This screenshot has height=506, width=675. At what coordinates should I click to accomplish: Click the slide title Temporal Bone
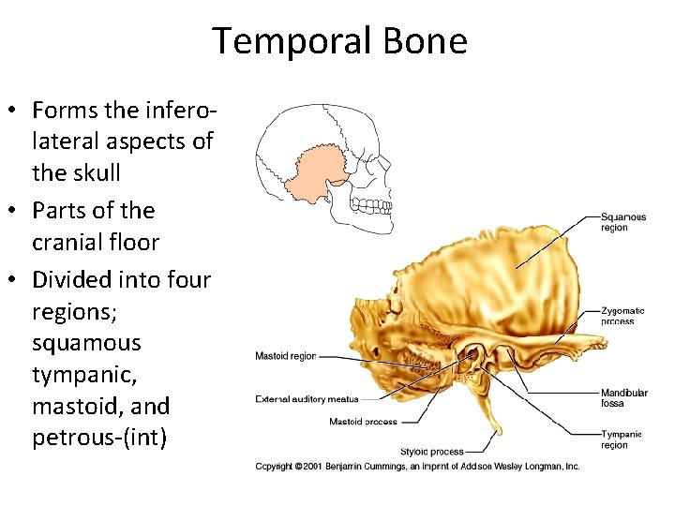click(338, 42)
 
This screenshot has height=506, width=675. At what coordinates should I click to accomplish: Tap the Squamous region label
click(623, 222)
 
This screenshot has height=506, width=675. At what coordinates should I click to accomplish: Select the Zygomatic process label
click(622, 316)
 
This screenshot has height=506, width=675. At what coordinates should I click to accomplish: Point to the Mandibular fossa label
click(623, 397)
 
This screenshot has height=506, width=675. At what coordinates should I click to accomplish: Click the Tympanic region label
click(622, 439)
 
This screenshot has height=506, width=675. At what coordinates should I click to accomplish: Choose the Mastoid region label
click(286, 356)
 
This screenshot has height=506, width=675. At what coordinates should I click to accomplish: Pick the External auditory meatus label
click(307, 399)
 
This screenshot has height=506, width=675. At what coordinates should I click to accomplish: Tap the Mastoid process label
click(363, 422)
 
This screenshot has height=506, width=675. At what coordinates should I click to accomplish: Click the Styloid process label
click(431, 452)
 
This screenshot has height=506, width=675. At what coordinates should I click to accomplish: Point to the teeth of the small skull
click(375, 209)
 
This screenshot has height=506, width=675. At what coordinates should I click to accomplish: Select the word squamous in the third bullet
click(86, 342)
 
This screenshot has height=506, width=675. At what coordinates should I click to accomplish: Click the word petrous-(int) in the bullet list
click(99, 438)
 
